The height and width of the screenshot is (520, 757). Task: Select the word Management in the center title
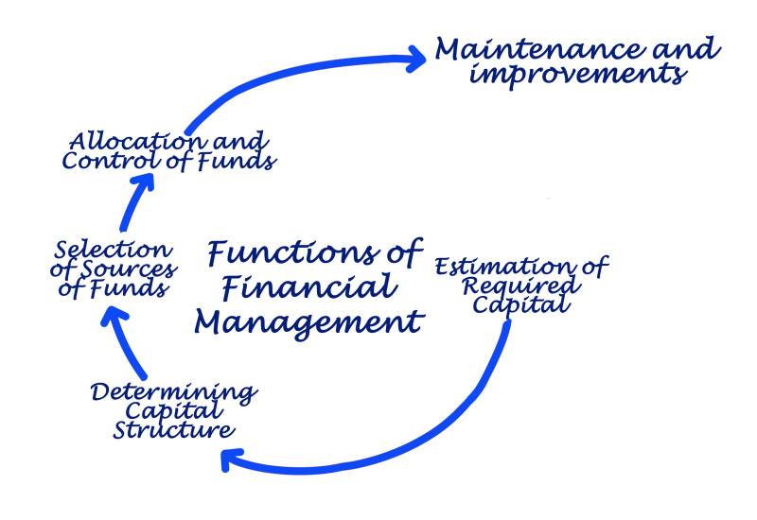click(308, 321)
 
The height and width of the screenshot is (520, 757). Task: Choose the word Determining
click(173, 391)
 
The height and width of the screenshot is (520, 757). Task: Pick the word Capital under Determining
click(175, 411)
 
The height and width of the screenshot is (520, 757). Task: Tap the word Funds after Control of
click(240, 161)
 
